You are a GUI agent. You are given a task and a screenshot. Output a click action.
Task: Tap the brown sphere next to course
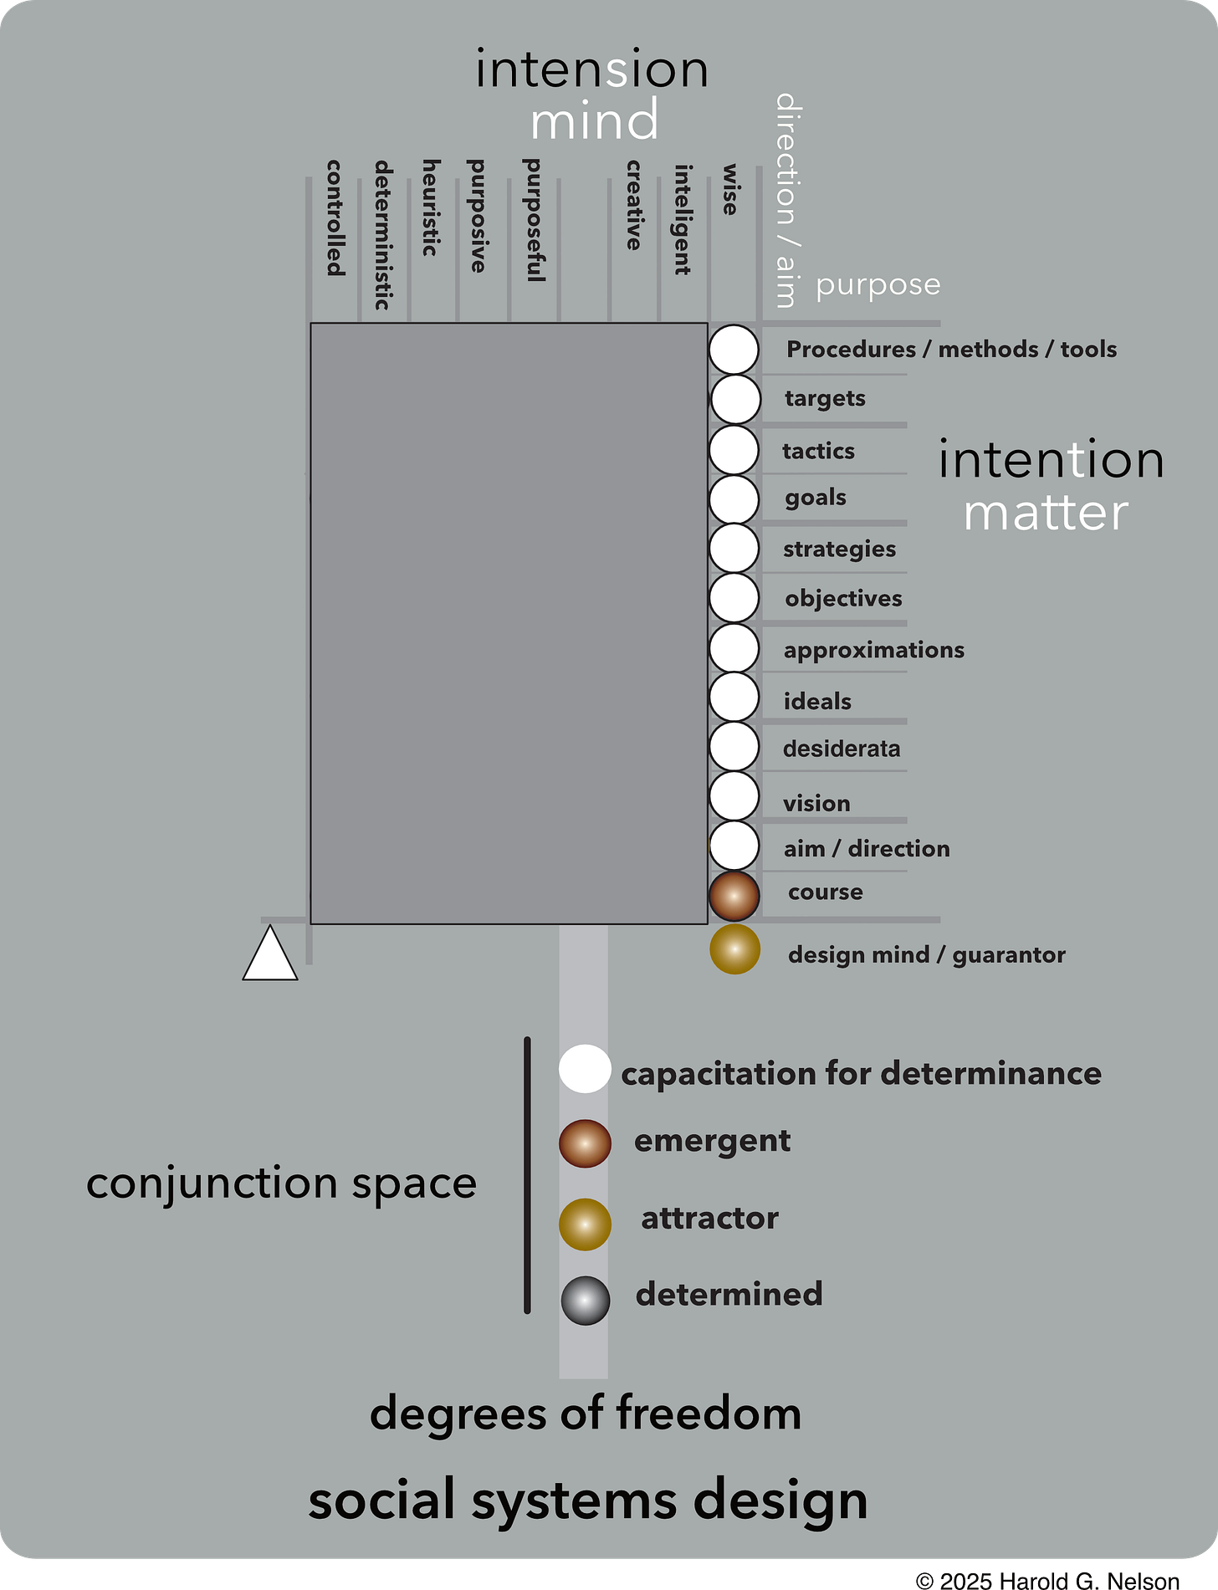pos(734,895)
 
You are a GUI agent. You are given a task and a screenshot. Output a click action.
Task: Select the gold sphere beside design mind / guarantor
pos(734,949)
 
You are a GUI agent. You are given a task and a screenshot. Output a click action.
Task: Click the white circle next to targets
pos(735,399)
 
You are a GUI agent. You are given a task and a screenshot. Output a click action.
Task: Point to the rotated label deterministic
pos(383,235)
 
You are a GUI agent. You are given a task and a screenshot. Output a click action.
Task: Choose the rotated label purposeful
pos(533,219)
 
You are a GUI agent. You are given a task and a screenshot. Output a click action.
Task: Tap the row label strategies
pos(839,550)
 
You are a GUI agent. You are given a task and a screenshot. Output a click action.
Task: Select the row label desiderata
pos(842,749)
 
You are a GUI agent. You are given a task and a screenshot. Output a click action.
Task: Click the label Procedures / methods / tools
pos(951,350)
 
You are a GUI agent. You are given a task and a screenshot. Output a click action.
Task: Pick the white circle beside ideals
pos(734,697)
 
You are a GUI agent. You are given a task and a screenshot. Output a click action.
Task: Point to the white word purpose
pos(878,285)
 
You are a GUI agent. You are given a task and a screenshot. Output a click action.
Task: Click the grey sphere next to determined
pos(586,1300)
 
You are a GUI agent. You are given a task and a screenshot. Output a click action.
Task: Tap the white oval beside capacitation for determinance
pos(585,1069)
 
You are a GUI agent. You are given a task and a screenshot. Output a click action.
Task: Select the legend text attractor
pos(709,1219)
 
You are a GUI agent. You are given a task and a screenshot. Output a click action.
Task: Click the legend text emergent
pos(712,1142)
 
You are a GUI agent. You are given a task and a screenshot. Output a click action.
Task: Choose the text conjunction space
pos(281,1184)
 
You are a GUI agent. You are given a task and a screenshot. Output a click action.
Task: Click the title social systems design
pos(588,1500)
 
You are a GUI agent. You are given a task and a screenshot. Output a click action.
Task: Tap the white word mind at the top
pos(594,120)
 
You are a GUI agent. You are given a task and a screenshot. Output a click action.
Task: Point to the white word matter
pos(1046,513)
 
